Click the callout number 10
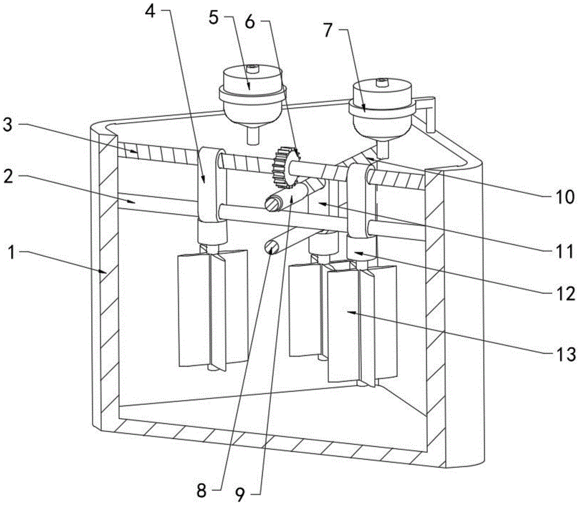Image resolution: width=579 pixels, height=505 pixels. coord(564,196)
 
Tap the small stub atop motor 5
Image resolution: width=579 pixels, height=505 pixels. coord(252,69)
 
